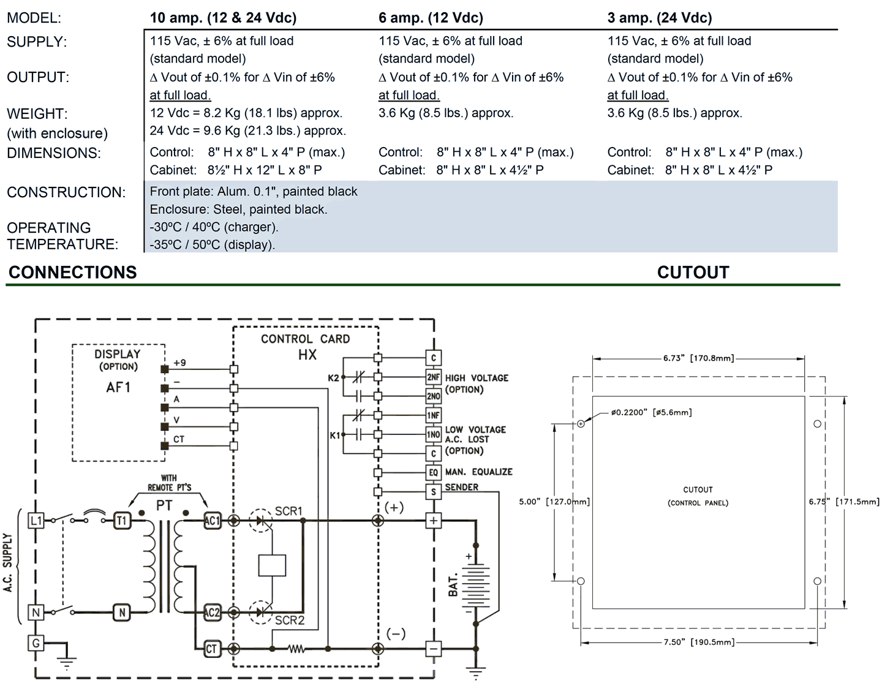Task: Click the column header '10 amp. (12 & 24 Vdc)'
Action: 223,18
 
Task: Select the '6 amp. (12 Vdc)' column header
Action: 431,18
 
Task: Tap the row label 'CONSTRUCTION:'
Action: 66,192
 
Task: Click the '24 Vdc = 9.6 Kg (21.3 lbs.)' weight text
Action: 247,130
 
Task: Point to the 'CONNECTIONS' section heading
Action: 73,273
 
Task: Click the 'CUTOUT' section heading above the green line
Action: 693,273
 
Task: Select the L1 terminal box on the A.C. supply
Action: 36,521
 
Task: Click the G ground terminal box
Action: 36,643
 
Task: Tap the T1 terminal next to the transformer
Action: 122,521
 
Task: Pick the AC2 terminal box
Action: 212,612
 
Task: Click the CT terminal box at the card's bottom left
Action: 212,649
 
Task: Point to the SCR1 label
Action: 288,511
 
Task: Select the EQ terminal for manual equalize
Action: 433,472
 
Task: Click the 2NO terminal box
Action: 433,396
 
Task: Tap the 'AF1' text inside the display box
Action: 118,387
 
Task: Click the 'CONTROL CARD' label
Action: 305,339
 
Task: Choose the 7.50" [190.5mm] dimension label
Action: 699,642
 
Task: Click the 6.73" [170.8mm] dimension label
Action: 698,358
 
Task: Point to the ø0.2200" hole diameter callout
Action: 651,412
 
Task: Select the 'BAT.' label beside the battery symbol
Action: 453,586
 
